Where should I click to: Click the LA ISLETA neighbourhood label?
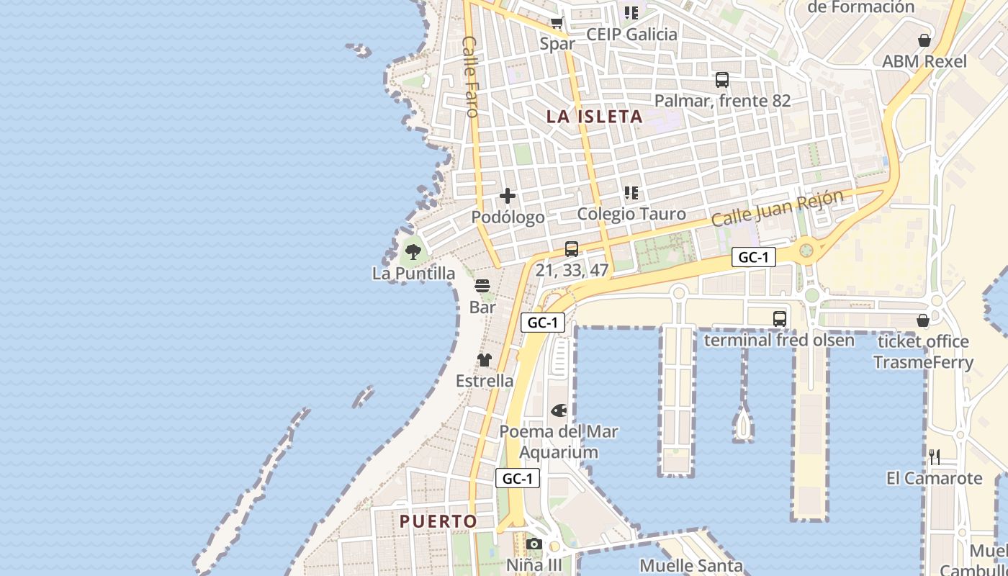(x=594, y=117)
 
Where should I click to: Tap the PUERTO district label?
(x=438, y=521)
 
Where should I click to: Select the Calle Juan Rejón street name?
(x=777, y=209)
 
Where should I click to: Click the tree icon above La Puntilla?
(x=413, y=251)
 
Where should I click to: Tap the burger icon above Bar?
(x=482, y=285)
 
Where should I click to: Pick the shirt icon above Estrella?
(x=485, y=359)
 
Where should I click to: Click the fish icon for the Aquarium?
(x=559, y=410)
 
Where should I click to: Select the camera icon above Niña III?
(x=534, y=544)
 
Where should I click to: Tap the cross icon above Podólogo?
(x=508, y=195)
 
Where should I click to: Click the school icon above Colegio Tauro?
(x=631, y=192)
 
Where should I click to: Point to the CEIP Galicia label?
(x=631, y=35)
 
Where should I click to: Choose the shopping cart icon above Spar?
(x=557, y=22)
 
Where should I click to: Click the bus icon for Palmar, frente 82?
(x=721, y=80)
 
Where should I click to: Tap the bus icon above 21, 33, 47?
(x=572, y=249)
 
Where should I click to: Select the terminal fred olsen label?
(x=779, y=340)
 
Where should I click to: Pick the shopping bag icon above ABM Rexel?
(x=924, y=40)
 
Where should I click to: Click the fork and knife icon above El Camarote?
(x=935, y=456)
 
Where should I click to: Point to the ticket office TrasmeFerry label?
(x=923, y=351)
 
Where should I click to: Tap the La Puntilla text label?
(x=413, y=274)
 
